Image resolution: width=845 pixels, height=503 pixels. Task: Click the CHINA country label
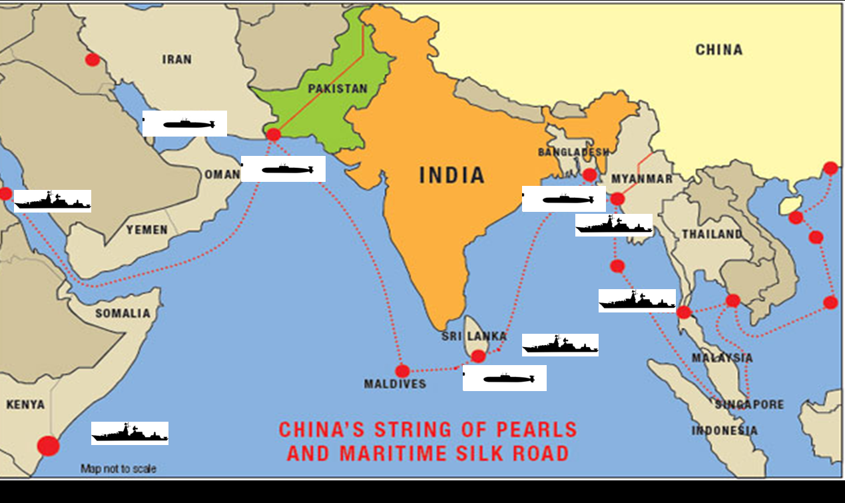pos(718,50)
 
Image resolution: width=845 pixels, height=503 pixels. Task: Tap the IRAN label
pos(176,59)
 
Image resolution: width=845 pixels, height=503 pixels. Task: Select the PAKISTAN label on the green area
pos(338,89)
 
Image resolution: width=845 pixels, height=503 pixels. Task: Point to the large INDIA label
pos(451,175)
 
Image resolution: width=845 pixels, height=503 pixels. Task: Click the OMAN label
pos(222,175)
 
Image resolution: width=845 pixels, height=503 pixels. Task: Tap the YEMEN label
pos(147,230)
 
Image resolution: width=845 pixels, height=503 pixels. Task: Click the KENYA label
pos(25,404)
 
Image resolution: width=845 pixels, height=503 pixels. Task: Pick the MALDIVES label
pos(395,384)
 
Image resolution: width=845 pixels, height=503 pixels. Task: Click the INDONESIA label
pos(724,430)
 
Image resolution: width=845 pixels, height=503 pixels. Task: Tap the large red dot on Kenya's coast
pos(48,445)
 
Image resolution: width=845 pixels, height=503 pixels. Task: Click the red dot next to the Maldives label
pos(402,371)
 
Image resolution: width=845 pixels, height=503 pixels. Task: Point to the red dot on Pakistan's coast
pos(273,135)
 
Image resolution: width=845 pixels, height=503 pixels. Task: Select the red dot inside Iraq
pos(93,59)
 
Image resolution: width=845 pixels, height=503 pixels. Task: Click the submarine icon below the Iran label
pos(185,124)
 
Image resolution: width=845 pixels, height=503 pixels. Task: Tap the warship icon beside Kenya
pos(130,433)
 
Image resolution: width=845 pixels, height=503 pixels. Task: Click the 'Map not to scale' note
pos(119,468)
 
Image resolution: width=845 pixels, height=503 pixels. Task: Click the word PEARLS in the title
pos(531,429)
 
